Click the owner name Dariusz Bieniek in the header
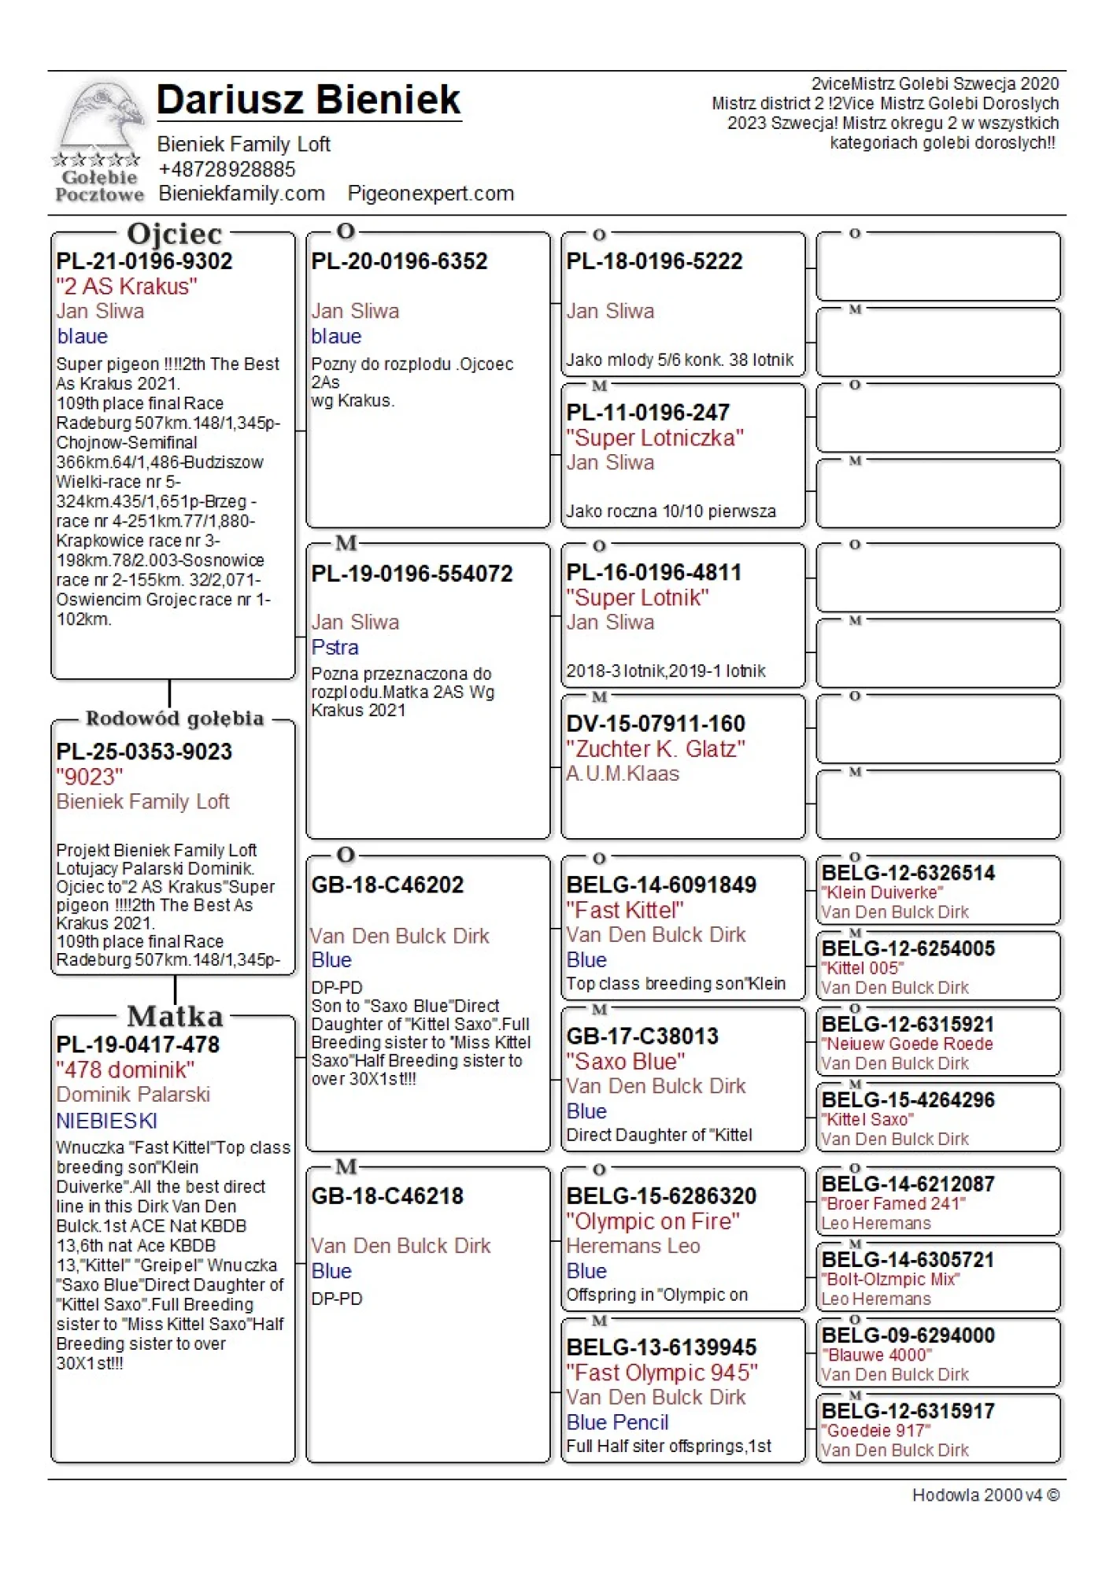point(309,100)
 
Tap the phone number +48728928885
point(227,169)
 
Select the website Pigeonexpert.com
point(431,194)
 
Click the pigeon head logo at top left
point(100,118)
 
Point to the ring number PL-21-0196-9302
point(145,261)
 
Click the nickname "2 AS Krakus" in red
point(127,286)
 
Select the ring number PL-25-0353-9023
point(145,752)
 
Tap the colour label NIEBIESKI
point(107,1121)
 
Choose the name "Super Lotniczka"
point(655,438)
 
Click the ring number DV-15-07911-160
point(656,724)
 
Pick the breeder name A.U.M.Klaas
point(623,774)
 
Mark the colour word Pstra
point(335,648)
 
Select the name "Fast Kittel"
point(625,911)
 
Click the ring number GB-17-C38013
point(642,1036)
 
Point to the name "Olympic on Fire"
point(653,1221)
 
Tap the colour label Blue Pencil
point(618,1422)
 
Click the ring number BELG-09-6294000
point(908,1336)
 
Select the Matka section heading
point(175,1016)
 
